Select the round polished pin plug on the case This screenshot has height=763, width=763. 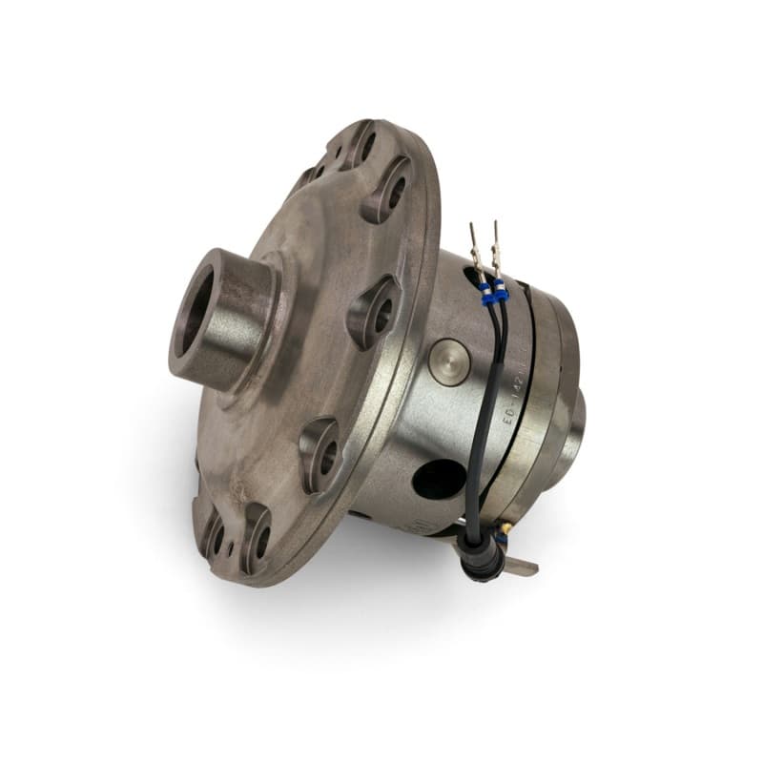click(x=447, y=361)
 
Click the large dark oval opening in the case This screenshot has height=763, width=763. click(x=440, y=478)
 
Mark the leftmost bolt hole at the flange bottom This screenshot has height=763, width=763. click(x=212, y=536)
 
